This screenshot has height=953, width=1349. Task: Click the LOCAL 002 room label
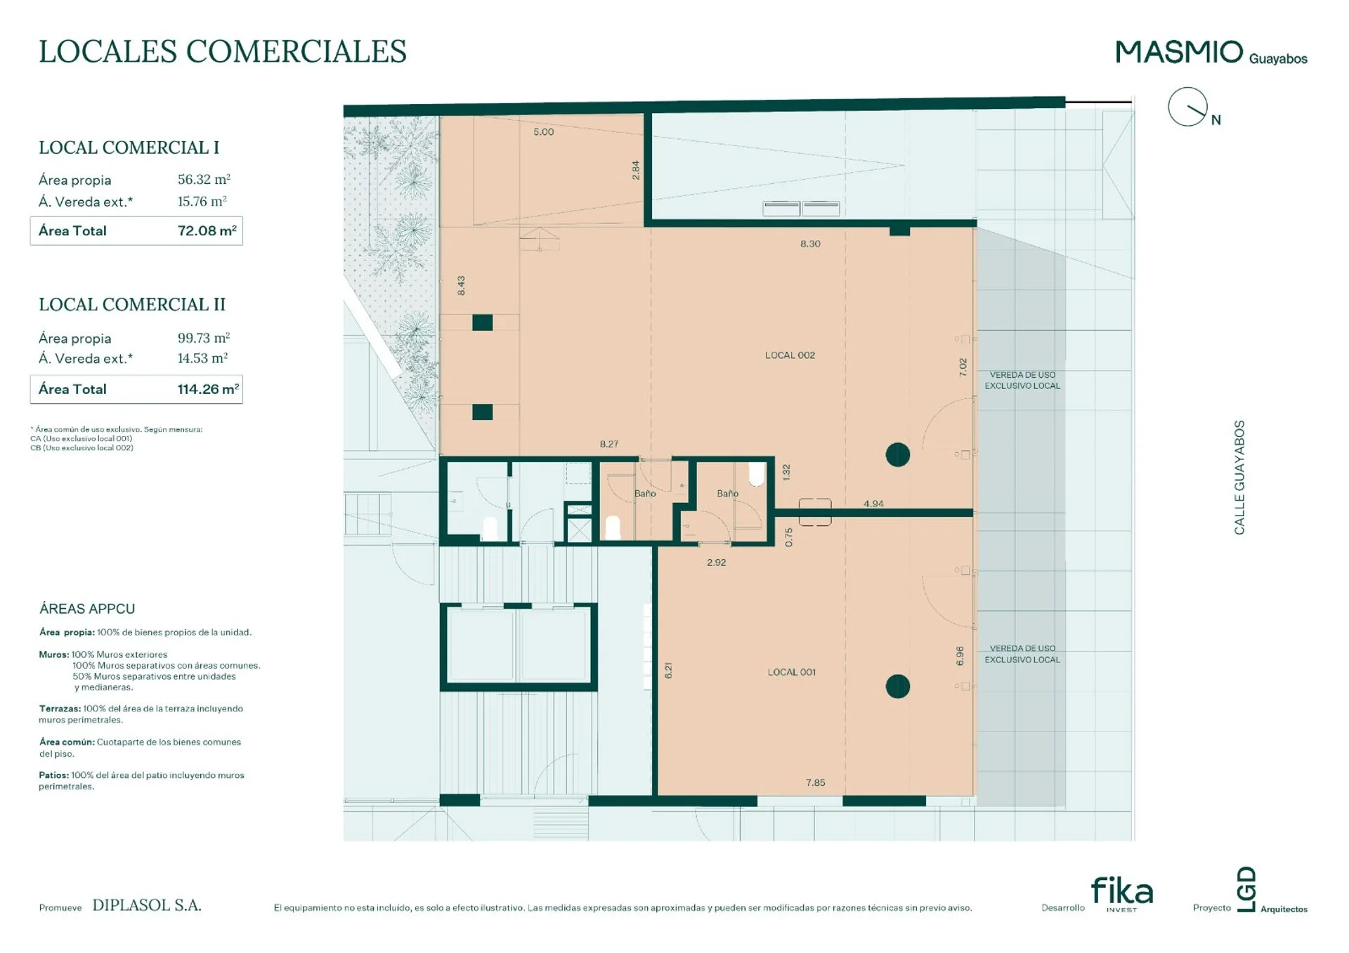click(790, 355)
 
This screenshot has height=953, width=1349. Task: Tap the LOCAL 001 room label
click(791, 672)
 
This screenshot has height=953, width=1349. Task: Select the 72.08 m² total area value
click(207, 230)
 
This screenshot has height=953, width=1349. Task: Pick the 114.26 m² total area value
click(208, 389)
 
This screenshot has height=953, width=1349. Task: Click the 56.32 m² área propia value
click(204, 179)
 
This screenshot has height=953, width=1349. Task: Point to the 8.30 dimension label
click(810, 244)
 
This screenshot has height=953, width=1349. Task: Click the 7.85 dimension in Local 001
click(815, 782)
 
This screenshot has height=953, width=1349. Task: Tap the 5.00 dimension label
click(543, 132)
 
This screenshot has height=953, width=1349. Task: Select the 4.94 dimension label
click(873, 504)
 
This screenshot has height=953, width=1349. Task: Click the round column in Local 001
click(897, 686)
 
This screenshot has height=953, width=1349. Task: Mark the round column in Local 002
click(897, 455)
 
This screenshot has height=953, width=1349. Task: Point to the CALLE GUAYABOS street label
click(1239, 478)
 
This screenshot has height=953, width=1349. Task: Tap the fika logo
click(1122, 893)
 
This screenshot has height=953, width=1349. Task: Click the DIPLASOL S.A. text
click(147, 905)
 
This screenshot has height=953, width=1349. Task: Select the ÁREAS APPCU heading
click(87, 609)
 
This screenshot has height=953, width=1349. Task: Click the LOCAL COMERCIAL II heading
click(132, 304)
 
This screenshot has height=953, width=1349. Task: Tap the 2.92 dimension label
click(717, 563)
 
